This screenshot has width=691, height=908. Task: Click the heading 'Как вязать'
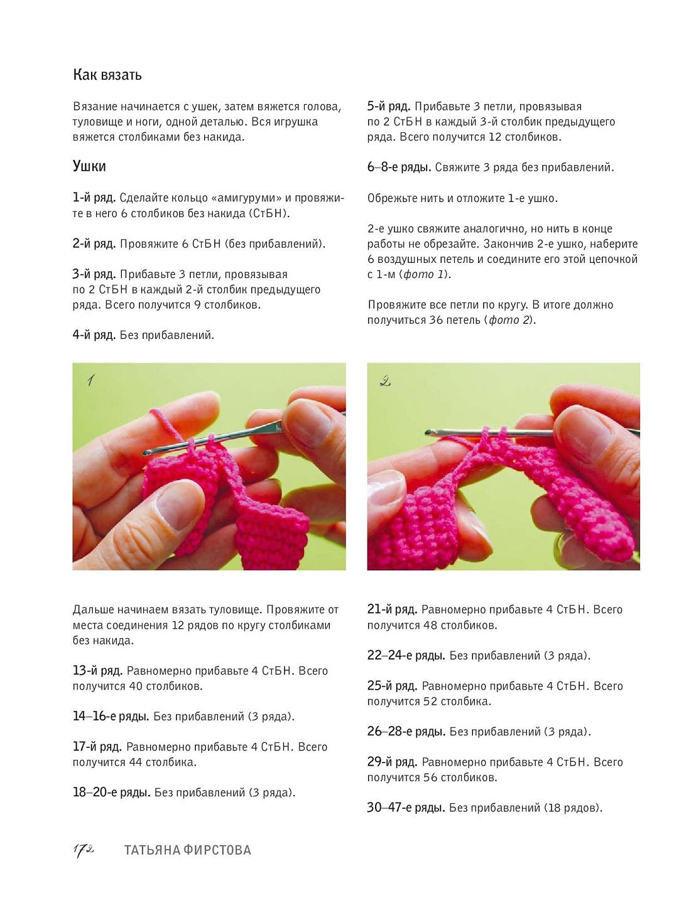(107, 75)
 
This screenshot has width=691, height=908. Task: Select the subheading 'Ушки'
(89, 166)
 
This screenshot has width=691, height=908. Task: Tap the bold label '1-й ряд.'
(94, 198)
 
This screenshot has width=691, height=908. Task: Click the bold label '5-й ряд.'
(389, 106)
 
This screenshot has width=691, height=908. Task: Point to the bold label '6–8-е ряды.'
(399, 168)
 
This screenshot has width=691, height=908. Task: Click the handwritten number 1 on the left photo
(90, 380)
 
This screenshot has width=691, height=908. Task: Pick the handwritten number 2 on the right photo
(385, 381)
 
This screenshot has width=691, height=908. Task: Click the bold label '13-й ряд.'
(98, 671)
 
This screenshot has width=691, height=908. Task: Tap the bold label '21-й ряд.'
(392, 609)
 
